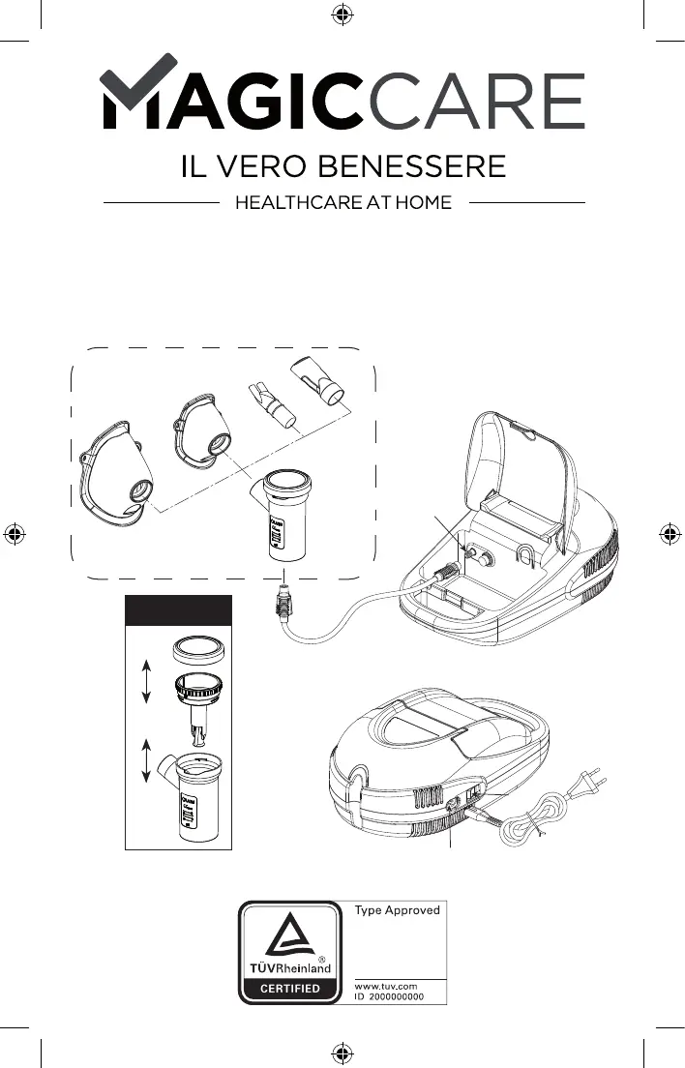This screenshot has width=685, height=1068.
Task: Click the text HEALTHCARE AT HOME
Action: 343,203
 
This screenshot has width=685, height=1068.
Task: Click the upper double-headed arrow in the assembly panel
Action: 145,682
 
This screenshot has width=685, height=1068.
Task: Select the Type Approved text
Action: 398,910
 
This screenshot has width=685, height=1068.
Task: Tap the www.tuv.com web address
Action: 386,986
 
